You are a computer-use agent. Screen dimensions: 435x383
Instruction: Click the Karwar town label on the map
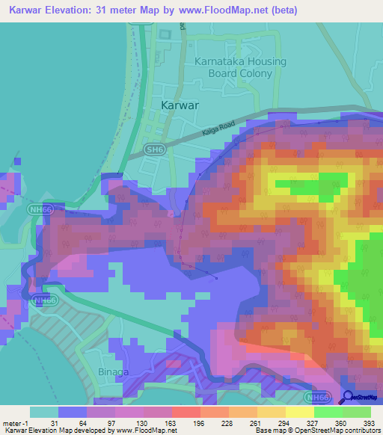point(180,105)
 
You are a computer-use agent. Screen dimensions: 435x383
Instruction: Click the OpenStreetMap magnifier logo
point(348,398)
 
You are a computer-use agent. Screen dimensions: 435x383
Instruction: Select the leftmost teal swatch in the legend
point(44,412)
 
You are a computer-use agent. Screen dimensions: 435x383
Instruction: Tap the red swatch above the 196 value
point(186,412)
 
